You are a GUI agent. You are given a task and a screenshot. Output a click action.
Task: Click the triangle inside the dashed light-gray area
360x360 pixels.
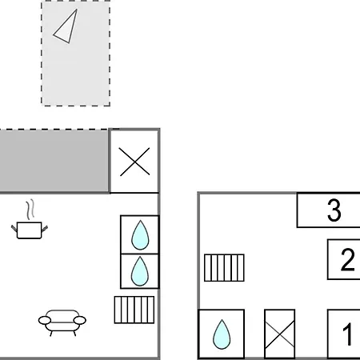[x=66, y=28]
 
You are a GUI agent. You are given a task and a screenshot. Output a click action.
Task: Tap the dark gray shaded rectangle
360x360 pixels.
[x=54, y=161]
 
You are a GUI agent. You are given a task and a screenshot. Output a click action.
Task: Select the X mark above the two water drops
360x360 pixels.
[x=134, y=162]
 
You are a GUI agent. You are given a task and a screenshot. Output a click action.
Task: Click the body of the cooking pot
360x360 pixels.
[x=29, y=230]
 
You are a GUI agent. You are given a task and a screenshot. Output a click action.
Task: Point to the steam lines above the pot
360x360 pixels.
[x=30, y=210]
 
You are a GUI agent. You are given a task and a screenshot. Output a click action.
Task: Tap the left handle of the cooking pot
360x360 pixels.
[x=14, y=228]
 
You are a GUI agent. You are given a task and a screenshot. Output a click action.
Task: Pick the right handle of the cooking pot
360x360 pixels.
[x=45, y=228]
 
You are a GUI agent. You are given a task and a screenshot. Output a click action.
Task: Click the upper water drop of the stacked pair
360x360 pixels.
[x=140, y=235]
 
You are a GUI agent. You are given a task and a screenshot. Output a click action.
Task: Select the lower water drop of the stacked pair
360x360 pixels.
[x=140, y=271]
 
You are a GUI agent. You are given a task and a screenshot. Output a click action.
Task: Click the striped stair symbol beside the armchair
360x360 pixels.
[x=134, y=310]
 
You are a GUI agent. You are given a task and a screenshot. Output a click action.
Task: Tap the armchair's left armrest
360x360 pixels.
[x=45, y=320]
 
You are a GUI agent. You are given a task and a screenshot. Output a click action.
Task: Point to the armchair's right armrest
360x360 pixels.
[x=80, y=320]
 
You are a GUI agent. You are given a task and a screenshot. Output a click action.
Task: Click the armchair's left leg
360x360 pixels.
[x=51, y=334]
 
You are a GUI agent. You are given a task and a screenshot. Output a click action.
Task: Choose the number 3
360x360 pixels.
[x=334, y=210]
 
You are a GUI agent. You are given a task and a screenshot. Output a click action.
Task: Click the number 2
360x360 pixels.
[x=347, y=259]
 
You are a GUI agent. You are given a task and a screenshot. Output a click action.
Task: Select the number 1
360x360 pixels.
[x=347, y=334]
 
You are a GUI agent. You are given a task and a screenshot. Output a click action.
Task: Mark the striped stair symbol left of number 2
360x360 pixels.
[x=224, y=268]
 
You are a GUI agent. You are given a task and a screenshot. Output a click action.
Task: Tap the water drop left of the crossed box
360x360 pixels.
[x=222, y=334]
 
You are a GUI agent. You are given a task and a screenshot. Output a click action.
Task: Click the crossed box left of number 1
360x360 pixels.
[x=279, y=334]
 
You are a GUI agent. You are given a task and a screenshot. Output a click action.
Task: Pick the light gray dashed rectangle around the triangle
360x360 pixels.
[x=76, y=54]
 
